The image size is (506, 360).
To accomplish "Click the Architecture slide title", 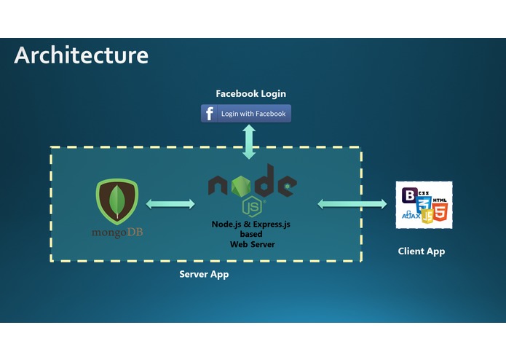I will pos(81,55).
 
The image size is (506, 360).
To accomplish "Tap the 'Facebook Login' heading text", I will pos(250,93).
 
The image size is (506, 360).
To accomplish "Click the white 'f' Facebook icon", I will pos(210,114).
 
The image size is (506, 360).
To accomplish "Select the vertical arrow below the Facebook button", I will pos(249,141).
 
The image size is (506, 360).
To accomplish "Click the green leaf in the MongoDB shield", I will pos(116,200).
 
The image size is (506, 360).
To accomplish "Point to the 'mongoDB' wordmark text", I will pos(116,232).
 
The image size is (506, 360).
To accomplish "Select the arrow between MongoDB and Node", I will pos(171,204).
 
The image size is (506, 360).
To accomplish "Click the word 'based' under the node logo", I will pos(252,235).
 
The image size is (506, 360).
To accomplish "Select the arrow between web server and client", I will pos(352,204).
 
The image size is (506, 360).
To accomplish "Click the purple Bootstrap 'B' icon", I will pos(409,195).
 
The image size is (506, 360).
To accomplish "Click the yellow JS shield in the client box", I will pos(428,215).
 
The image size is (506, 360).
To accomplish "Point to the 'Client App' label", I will pos(421,251).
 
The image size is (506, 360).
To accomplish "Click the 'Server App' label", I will pos(204,275).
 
